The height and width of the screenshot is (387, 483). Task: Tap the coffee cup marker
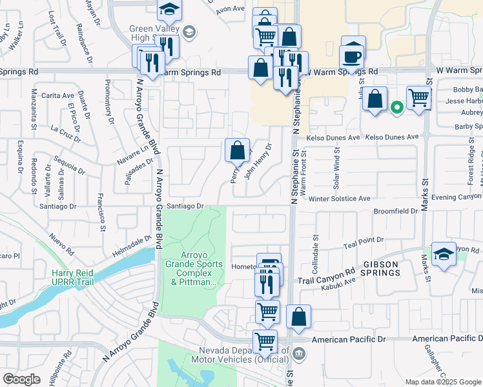click(352, 55)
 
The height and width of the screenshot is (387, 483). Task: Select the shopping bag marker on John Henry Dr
click(237, 151)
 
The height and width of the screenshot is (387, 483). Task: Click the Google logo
click(21, 379)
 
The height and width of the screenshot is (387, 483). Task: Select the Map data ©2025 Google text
click(442, 382)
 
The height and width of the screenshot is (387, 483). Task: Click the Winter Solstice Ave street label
click(339, 199)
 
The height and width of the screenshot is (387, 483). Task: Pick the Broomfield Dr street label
click(396, 211)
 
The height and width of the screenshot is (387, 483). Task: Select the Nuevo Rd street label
click(62, 244)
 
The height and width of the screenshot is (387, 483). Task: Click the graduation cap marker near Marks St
click(444, 254)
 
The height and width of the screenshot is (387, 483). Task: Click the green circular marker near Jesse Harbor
click(397, 108)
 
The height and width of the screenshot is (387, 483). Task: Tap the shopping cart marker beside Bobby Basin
click(418, 98)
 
